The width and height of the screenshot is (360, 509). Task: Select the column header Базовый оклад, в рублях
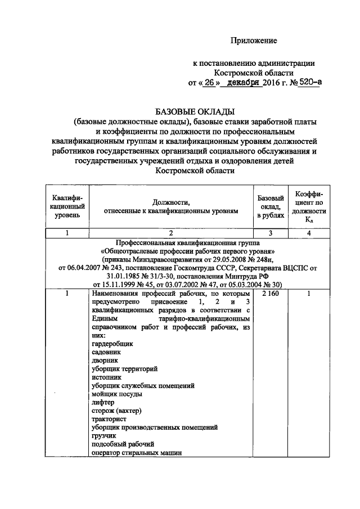[270, 206]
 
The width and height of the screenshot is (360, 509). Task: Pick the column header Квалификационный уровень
[67, 206]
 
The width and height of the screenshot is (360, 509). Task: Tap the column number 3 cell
[270, 233]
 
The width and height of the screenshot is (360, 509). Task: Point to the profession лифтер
[102, 403]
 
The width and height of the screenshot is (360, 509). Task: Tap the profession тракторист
[108, 419]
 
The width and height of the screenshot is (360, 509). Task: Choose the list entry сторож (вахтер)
[115, 411]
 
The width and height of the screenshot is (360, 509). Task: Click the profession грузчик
[103, 435]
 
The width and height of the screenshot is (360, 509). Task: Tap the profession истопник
[105, 377]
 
